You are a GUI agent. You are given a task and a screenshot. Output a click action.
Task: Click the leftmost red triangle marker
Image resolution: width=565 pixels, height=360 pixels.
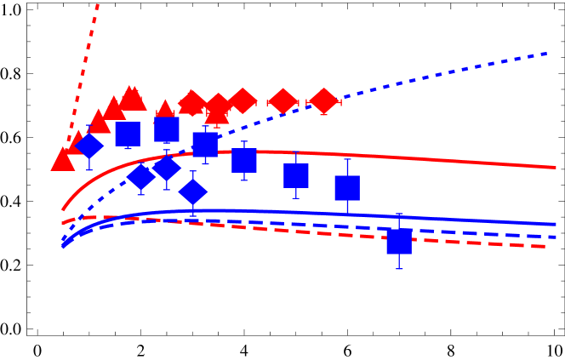point(63,160)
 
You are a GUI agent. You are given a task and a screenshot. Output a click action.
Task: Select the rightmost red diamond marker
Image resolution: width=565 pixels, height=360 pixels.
point(324,100)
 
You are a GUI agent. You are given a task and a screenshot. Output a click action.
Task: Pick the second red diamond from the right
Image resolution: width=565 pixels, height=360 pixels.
point(282,101)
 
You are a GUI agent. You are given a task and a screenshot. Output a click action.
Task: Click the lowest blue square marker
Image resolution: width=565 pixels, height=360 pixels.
point(398,242)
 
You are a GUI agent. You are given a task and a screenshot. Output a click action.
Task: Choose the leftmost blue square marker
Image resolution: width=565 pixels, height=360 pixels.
point(128,134)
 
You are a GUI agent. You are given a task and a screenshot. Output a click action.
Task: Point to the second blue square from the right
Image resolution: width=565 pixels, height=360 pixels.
point(347,188)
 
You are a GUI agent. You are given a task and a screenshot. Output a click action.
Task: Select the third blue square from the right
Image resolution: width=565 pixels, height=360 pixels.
point(296,175)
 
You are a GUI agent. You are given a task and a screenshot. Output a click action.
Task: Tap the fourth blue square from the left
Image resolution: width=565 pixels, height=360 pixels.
point(243,160)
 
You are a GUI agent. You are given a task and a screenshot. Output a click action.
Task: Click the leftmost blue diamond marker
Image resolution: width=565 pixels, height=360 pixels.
point(88,146)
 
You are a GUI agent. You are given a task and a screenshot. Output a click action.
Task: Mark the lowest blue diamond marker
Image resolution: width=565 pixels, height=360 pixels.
point(193,191)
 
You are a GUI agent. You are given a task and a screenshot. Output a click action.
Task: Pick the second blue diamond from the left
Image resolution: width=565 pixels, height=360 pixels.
point(141,176)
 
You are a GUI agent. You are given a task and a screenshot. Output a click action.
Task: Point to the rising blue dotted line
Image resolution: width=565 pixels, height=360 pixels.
point(442,77)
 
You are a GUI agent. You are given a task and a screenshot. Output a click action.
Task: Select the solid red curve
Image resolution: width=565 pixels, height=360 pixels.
point(425,158)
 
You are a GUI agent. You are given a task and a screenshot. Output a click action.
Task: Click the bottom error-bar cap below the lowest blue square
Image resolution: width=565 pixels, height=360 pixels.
point(398,269)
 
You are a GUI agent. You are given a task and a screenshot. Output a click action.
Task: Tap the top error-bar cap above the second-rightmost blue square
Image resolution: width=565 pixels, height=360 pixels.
point(347,158)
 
